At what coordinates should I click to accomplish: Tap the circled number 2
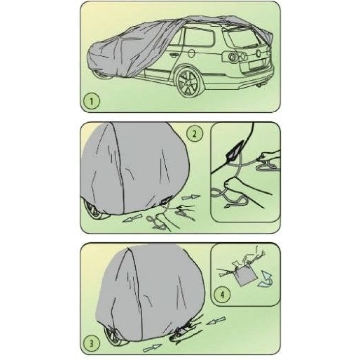coord(195,134)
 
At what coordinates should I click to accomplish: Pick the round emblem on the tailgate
coord(258,54)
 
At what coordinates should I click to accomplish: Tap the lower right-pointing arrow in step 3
coord(152,347)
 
